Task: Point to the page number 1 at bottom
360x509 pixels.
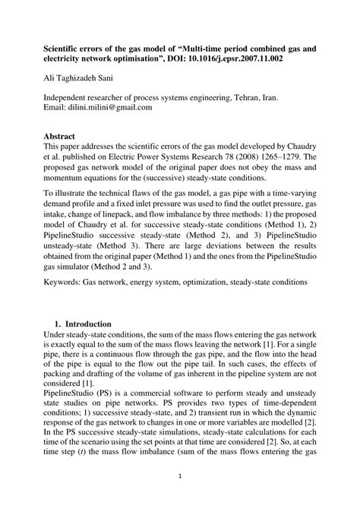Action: tap(180, 477)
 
